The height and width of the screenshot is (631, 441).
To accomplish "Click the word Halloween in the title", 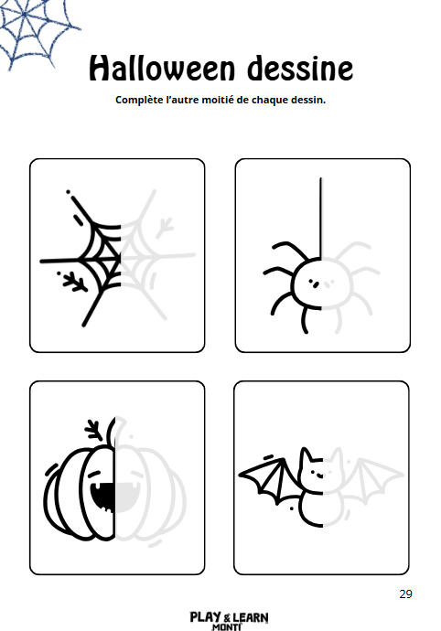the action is click(162, 68).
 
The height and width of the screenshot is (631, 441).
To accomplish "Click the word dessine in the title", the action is click(300, 68).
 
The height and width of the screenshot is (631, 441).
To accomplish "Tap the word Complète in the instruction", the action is click(139, 100).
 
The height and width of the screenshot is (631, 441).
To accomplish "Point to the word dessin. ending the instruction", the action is click(308, 100).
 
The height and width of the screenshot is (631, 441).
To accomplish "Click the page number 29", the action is click(405, 594).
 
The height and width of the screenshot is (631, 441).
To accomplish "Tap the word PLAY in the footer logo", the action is click(205, 617).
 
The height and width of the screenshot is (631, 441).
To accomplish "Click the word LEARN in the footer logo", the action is click(251, 617).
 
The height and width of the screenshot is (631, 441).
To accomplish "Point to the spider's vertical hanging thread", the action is click(321, 218).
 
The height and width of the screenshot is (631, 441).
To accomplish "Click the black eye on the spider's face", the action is click(316, 284).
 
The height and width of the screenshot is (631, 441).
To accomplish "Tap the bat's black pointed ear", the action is click(306, 457).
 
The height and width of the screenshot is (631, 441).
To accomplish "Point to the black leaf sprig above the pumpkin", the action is click(94, 430).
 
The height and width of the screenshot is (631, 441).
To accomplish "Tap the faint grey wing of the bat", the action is click(372, 480).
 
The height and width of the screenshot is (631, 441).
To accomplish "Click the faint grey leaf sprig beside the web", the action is click(165, 228).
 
